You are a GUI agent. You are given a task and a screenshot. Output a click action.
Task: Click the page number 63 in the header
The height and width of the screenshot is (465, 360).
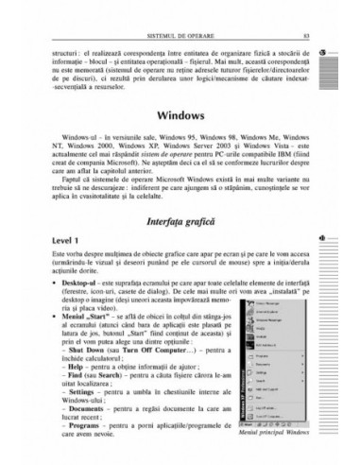[x=295, y=37]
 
